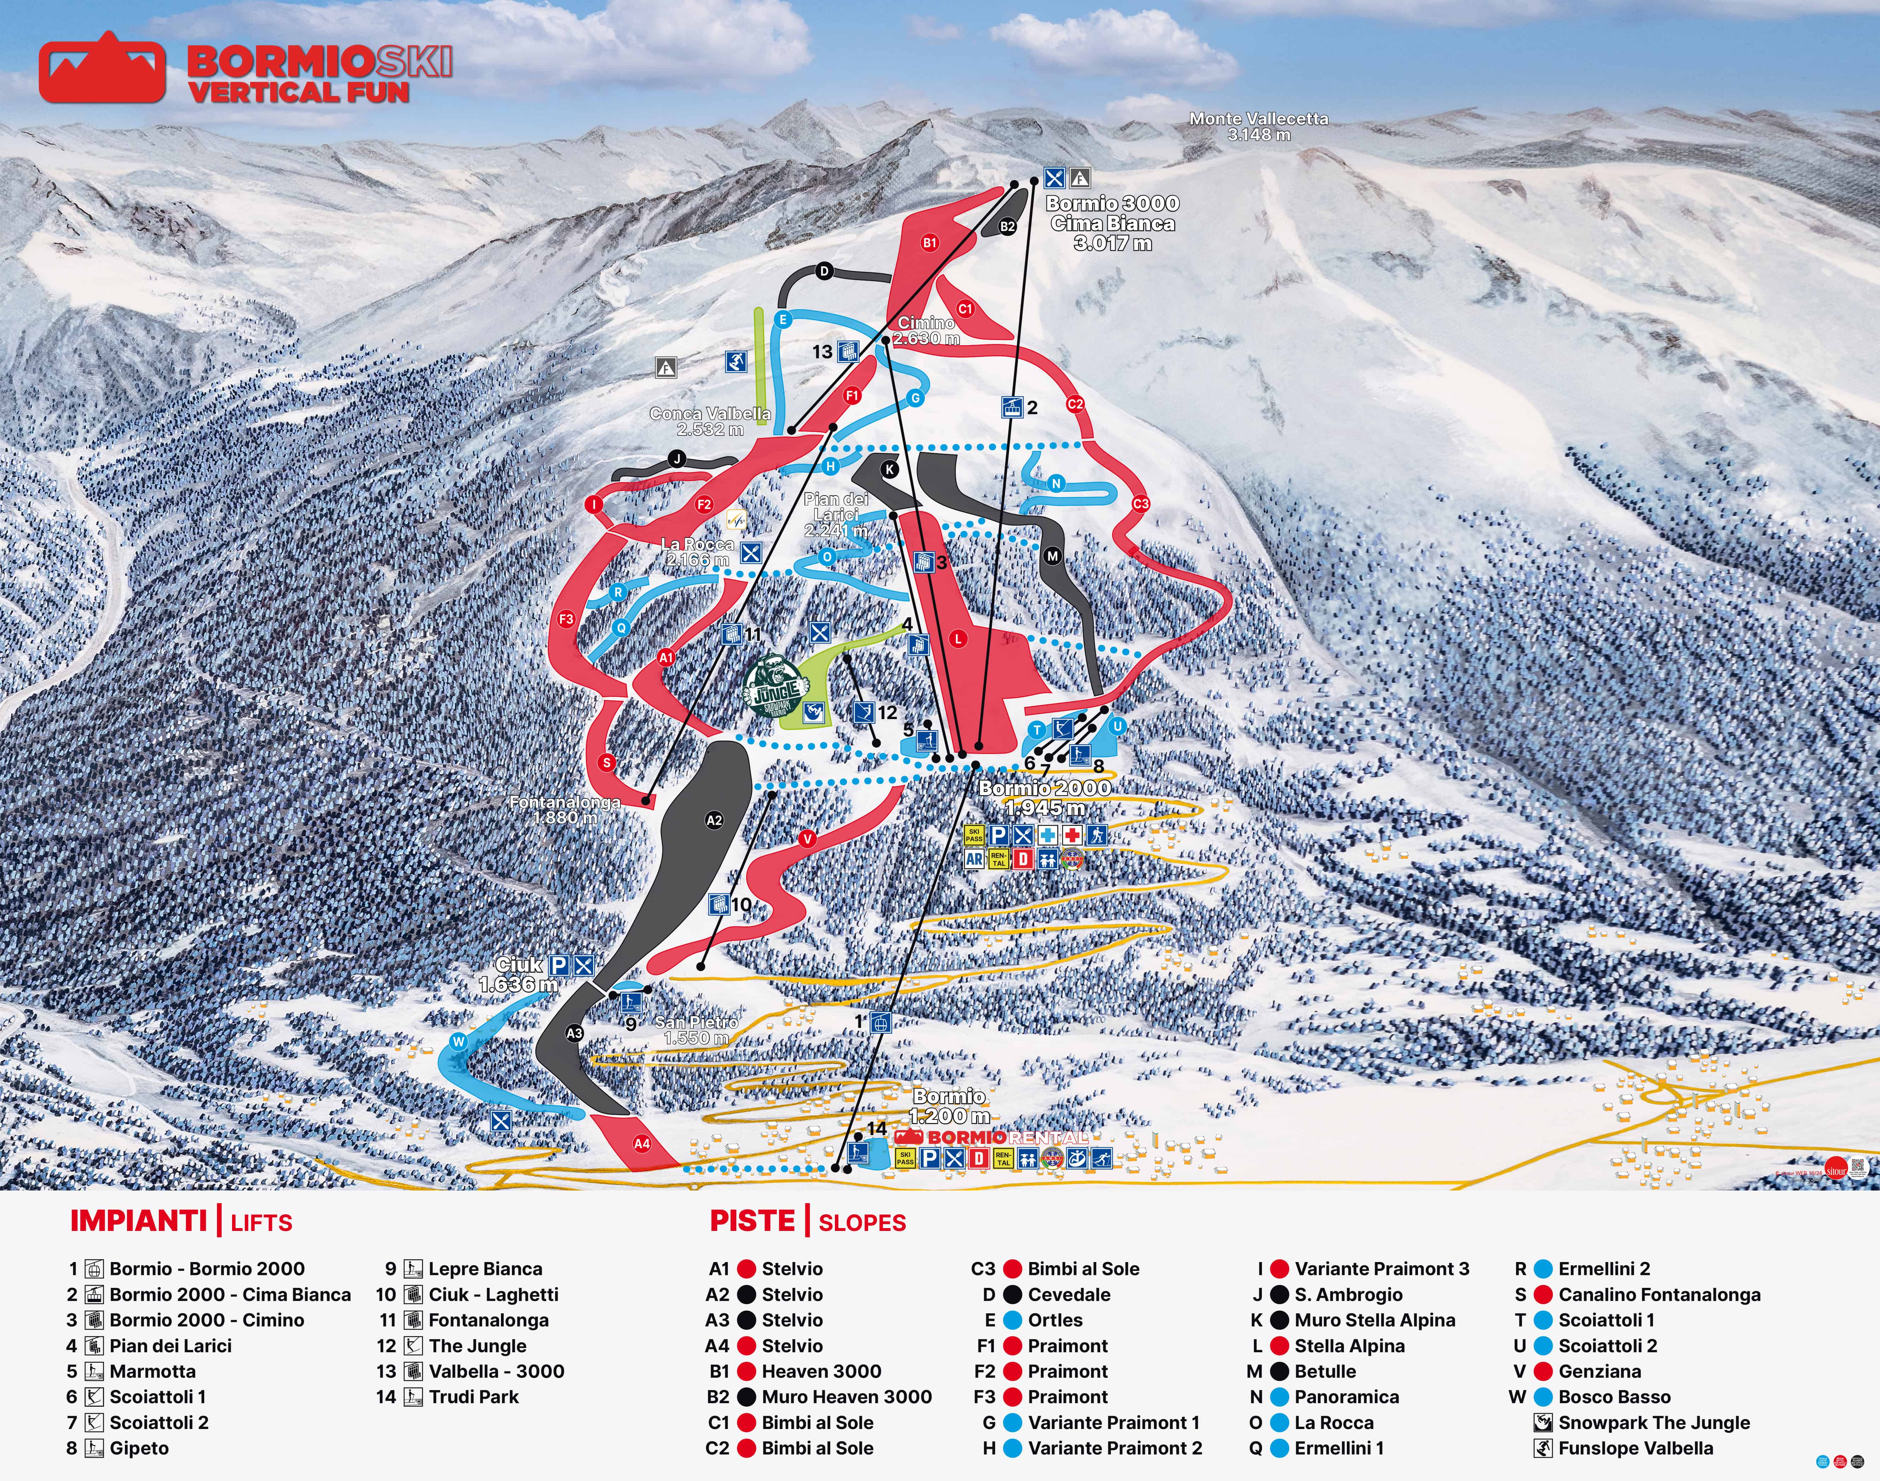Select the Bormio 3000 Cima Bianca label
click(1113, 223)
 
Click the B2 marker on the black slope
click(1007, 226)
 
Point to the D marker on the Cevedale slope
click(824, 271)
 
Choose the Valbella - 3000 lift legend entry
click(496, 1371)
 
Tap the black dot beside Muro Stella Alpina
click(1279, 1320)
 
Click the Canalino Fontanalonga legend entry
click(1659, 1295)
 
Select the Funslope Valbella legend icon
click(1543, 1448)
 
